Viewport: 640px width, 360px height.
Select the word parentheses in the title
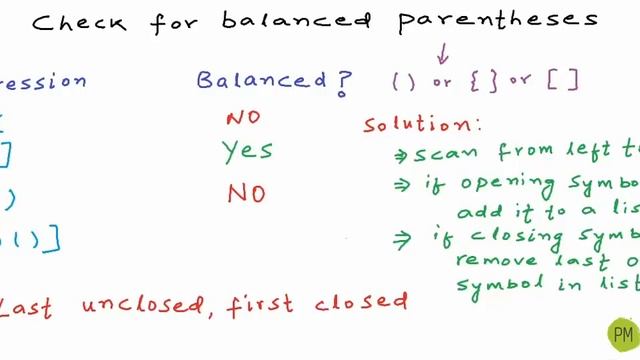point(498,20)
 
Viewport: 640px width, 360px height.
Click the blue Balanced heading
point(261,81)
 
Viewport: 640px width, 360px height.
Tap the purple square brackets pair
point(563,81)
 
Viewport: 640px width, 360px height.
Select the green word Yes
point(247,151)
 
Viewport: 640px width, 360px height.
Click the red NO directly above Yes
point(243,117)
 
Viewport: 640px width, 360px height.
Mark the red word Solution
point(420,125)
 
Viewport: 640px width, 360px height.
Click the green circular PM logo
point(622,333)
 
